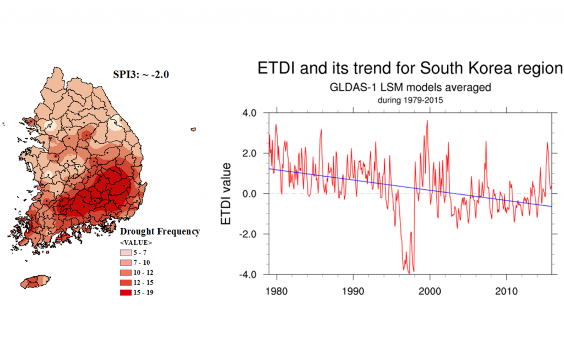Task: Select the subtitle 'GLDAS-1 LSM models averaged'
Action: coord(410,88)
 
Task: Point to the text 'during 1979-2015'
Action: coord(410,100)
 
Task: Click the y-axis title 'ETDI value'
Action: coord(226,194)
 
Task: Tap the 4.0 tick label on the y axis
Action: coord(248,113)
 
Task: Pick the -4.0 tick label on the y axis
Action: coord(247,275)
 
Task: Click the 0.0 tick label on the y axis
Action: coord(248,194)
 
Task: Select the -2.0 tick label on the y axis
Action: coord(247,234)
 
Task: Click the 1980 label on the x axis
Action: coord(276,291)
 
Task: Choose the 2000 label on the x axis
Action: coord(430,291)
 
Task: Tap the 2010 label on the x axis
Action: coord(507,291)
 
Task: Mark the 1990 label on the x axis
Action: coord(353,291)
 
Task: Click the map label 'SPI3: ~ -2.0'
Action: coord(141,74)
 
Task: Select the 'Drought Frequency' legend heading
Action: coord(160,231)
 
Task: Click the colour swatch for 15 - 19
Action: coord(126,292)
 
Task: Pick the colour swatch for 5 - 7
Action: coord(126,253)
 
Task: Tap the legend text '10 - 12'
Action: coord(143,272)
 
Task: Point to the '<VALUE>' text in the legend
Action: coord(136,242)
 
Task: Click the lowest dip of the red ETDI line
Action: coord(409,274)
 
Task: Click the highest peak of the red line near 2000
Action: coord(427,121)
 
